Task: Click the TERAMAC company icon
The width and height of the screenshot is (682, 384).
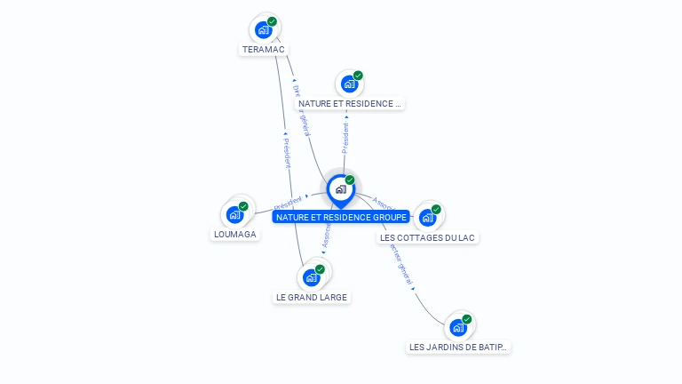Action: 263,29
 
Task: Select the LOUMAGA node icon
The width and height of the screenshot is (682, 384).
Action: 234,214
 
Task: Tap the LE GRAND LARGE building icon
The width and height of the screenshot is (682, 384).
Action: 311,277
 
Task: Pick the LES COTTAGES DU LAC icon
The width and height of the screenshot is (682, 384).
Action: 427,217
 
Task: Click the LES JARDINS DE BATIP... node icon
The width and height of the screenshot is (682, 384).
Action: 457,327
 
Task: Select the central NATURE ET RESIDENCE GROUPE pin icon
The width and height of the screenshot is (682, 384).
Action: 340,188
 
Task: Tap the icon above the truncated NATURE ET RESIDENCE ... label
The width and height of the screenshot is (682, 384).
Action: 349,84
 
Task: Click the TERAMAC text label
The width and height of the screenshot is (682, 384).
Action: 263,50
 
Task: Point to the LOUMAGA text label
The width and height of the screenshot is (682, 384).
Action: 235,235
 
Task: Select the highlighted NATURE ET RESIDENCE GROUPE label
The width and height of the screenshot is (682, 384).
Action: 341,217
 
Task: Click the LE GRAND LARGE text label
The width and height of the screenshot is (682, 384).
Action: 311,297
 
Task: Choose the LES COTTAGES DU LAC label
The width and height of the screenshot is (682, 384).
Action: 428,237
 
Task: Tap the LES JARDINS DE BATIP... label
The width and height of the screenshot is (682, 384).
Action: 459,347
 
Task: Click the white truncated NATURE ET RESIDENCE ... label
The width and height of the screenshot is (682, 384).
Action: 350,104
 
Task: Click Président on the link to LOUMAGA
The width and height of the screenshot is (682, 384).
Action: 289,202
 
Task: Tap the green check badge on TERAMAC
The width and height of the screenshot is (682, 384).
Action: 272,21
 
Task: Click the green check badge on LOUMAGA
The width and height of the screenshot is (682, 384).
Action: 243,206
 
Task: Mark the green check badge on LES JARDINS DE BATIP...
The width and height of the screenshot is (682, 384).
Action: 466,319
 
